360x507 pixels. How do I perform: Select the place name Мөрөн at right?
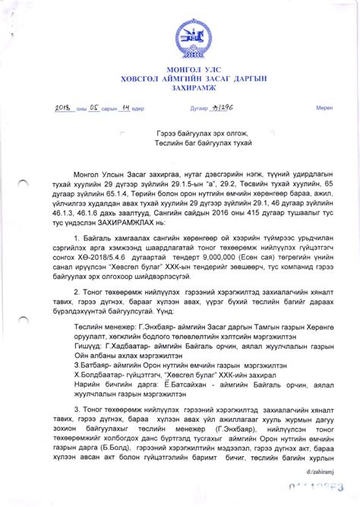pyautogui.click(x=325, y=109)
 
